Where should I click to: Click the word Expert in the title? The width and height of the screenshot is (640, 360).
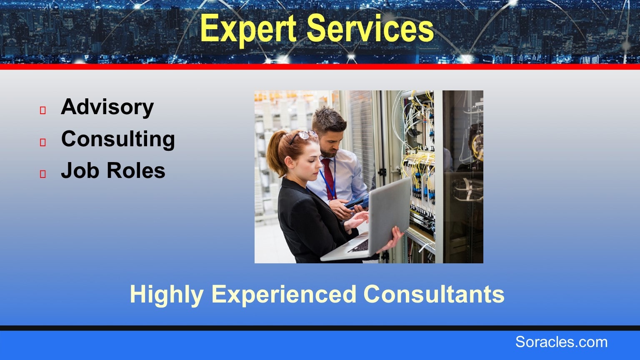point(248,29)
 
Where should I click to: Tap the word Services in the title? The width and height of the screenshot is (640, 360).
point(370,28)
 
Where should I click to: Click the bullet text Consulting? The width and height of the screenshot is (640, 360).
point(118,139)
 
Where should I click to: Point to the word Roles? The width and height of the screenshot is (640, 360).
point(136,170)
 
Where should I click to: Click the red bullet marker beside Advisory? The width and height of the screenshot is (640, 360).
point(43,110)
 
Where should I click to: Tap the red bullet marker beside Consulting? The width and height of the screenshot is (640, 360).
point(43,142)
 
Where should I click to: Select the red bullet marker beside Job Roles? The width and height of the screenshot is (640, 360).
point(43,174)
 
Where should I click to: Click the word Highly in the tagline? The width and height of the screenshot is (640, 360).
point(167,295)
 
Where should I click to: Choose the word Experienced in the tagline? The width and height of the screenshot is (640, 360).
point(284,294)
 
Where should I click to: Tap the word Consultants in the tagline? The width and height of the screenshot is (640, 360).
point(434,294)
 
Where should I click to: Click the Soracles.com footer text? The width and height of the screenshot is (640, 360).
point(561,342)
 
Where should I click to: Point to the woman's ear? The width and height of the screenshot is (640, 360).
point(289,162)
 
